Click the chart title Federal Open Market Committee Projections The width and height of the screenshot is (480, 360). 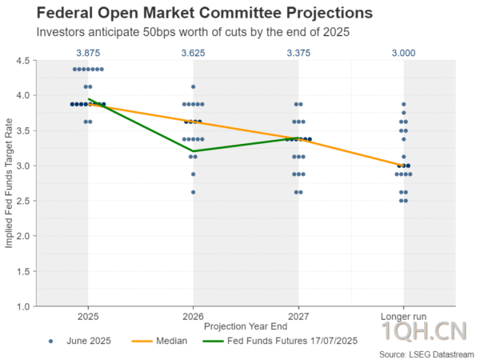click(192, 14)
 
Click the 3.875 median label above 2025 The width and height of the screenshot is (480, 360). click(88, 52)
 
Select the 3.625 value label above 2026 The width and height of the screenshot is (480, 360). click(193, 52)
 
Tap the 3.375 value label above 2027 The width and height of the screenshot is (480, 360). click(298, 52)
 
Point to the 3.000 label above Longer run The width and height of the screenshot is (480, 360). click(403, 52)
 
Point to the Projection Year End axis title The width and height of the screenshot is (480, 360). click(246, 326)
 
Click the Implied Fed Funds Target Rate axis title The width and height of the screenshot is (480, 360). click(10, 183)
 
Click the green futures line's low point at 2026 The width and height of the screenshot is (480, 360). click(193, 151)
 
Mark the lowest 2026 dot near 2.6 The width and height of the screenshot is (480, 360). click(193, 192)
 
